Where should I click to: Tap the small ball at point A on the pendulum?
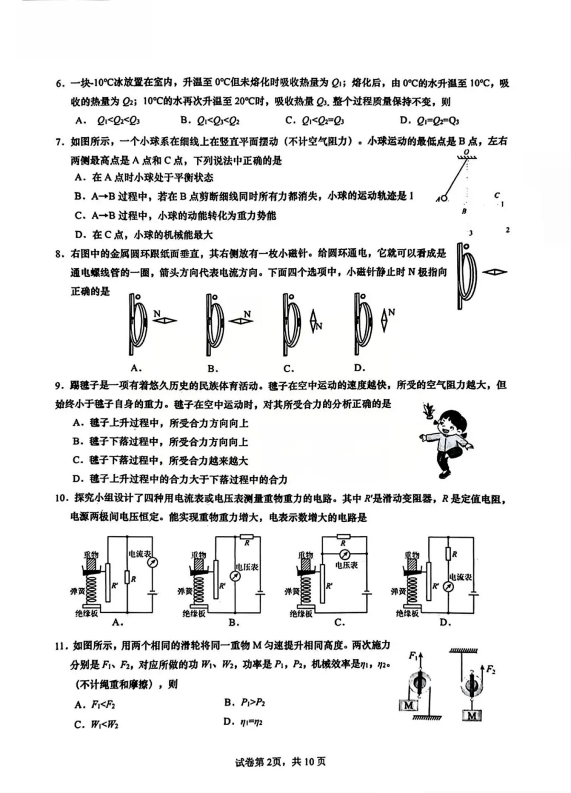click(444, 199)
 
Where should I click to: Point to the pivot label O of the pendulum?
click(466, 152)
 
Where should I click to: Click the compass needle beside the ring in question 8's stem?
click(494, 272)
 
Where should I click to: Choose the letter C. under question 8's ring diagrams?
click(289, 368)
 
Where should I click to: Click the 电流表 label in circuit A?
click(140, 553)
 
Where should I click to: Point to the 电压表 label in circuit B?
click(246, 567)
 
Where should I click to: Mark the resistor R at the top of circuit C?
click(343, 536)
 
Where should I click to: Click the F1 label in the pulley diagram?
click(413, 655)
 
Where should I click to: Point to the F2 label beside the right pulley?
click(490, 670)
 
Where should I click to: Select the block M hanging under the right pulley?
click(472, 716)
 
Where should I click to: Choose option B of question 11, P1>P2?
click(245, 703)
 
